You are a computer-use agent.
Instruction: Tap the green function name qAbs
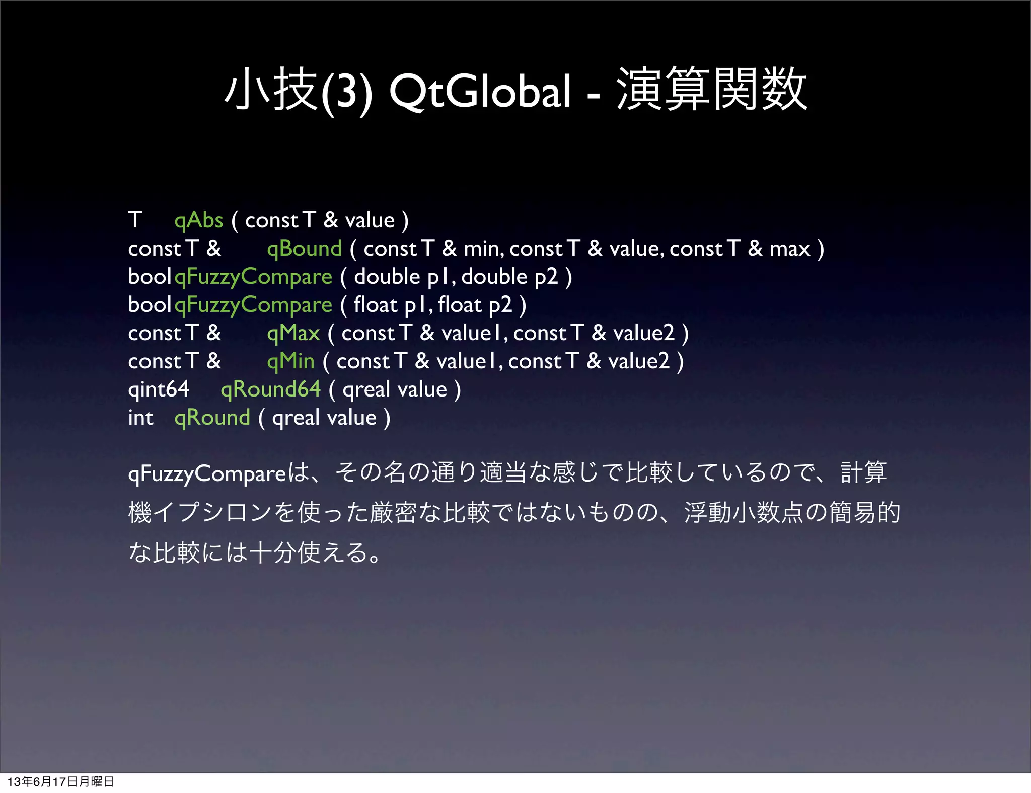(x=198, y=220)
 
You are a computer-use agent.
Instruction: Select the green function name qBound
(x=304, y=249)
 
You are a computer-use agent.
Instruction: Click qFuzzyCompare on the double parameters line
(x=253, y=277)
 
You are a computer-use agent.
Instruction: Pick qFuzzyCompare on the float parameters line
(x=253, y=305)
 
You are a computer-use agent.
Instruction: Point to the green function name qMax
(x=293, y=333)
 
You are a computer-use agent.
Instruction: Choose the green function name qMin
(x=290, y=361)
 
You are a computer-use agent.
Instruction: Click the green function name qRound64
(x=270, y=389)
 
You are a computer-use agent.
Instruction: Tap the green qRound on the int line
(x=212, y=418)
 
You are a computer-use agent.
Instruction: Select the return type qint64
(x=159, y=389)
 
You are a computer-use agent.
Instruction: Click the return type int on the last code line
(x=140, y=418)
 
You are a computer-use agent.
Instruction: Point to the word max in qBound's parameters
(x=789, y=249)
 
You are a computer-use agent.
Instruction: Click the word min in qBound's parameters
(x=483, y=249)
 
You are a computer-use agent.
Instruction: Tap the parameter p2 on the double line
(x=546, y=277)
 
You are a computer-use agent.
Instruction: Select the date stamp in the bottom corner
(x=60, y=781)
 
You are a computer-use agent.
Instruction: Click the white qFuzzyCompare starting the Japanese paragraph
(x=207, y=473)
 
